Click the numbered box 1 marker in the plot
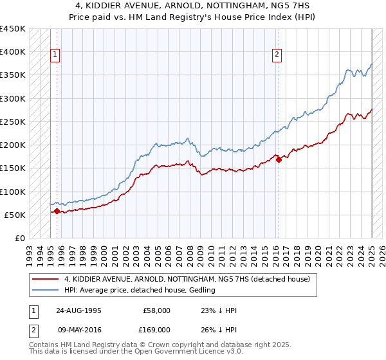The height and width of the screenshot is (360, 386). click(56, 55)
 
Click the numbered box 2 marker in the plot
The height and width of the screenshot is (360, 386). click(277, 55)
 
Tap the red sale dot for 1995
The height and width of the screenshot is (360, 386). click(57, 211)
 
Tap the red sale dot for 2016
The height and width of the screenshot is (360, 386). click(279, 160)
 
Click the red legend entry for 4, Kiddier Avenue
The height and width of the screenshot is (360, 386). click(187, 279)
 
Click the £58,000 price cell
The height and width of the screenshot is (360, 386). click(157, 310)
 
